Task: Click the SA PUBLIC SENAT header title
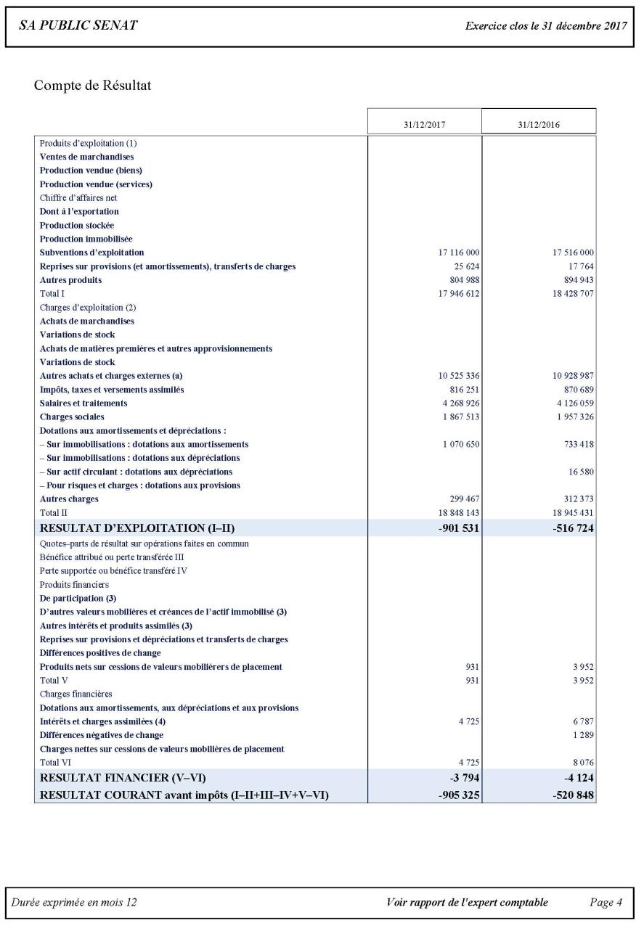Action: point(78,26)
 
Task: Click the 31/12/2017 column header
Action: point(424,124)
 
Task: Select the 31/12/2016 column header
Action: point(539,124)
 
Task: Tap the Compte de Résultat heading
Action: point(91,86)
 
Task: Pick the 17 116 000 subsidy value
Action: point(455,253)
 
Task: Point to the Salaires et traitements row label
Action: point(83,403)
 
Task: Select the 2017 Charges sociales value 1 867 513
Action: point(458,417)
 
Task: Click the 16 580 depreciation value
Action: point(579,472)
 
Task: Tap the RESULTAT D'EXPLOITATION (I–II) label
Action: point(137,528)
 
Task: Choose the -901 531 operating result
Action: point(458,528)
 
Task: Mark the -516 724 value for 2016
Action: point(573,528)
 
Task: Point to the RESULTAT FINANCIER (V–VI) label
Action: point(128,779)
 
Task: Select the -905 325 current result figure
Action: point(458,795)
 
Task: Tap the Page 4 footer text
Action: point(606,903)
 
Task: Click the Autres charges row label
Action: point(69,499)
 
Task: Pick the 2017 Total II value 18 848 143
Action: point(455,512)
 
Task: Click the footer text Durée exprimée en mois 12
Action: point(74,903)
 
